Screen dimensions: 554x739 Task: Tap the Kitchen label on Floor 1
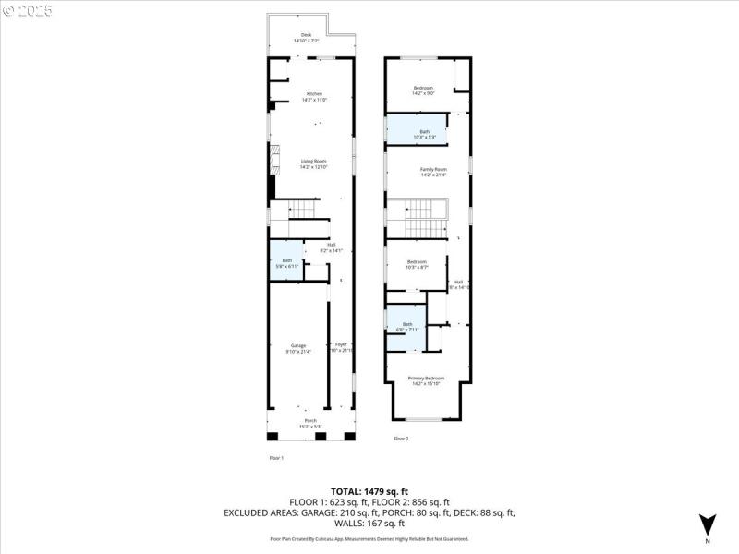tap(314, 97)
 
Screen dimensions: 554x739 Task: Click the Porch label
tap(310, 423)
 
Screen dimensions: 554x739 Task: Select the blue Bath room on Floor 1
tap(286, 262)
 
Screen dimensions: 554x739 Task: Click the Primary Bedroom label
tap(426, 379)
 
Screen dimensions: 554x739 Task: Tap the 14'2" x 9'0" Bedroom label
tap(423, 90)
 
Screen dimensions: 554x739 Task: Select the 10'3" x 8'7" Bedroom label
tap(418, 264)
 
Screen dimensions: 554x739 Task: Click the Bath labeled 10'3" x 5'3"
tap(424, 134)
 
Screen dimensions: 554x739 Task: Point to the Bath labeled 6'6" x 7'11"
tap(406, 326)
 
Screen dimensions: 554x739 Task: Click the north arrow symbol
tap(707, 524)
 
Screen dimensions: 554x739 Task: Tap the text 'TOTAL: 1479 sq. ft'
tap(369, 491)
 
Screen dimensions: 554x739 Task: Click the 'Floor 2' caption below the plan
tap(401, 439)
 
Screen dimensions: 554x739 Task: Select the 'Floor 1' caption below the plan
tap(275, 458)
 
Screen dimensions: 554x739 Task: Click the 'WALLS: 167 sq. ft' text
tap(369, 522)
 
